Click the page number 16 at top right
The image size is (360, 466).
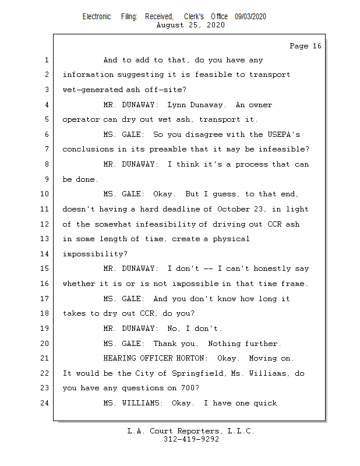pos(317,46)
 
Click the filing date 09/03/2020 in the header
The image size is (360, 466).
pos(250,17)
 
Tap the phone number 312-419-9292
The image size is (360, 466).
pos(191,439)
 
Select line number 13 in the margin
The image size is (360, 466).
pos(44,239)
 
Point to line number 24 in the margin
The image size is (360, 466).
pos(44,403)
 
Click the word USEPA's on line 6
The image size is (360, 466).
pos(284,135)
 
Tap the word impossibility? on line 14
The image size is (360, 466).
pos(95,254)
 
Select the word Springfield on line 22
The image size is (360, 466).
pos(197,373)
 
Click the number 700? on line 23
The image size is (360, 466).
pos(190,388)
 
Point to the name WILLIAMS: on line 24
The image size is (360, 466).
pos(142,403)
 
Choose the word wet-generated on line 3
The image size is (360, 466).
pos(93,90)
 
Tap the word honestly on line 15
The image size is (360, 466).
pos(272,269)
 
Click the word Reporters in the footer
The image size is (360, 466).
pos(198,431)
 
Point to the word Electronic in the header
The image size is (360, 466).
pos(97,17)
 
